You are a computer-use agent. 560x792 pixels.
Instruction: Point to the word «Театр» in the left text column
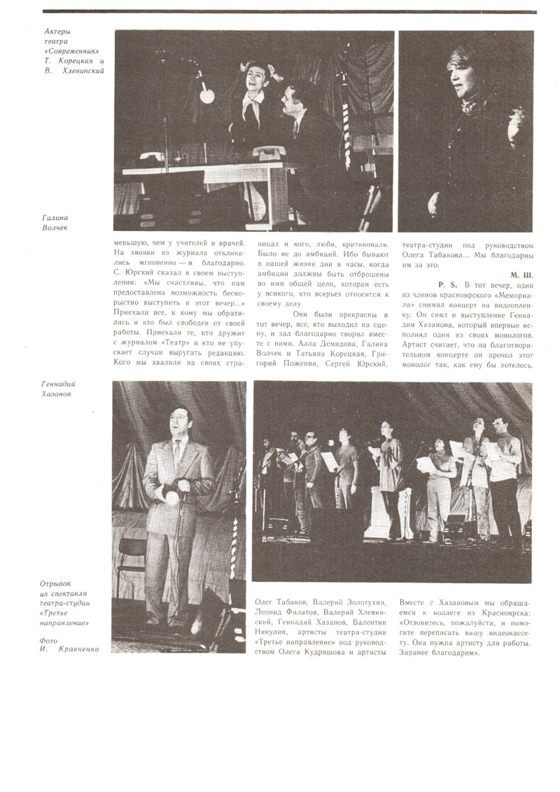coord(178,342)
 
